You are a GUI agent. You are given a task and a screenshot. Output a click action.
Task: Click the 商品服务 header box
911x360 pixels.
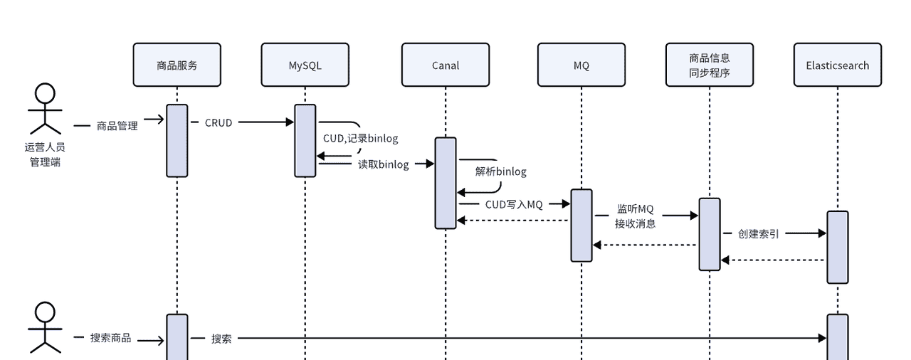(x=177, y=65)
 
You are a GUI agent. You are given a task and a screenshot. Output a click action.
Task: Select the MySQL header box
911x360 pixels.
(x=305, y=65)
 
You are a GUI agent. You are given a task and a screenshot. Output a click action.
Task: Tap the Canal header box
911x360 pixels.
(x=446, y=65)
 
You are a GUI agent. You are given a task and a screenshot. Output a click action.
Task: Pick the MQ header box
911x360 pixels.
(x=581, y=65)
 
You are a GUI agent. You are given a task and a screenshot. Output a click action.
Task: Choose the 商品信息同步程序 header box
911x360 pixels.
(x=710, y=65)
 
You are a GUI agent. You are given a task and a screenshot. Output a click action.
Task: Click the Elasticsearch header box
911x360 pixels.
(x=838, y=65)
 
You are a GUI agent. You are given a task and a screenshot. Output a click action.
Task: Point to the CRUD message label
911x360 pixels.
(x=218, y=122)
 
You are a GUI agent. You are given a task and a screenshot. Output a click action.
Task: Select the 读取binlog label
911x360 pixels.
(x=383, y=164)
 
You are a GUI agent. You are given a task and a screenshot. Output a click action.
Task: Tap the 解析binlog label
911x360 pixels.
(x=501, y=171)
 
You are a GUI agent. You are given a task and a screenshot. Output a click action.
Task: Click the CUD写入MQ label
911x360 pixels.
(x=514, y=204)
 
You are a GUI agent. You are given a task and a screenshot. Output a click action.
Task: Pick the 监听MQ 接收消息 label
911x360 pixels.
(x=635, y=216)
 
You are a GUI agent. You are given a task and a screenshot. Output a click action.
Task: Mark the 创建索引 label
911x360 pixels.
(x=758, y=233)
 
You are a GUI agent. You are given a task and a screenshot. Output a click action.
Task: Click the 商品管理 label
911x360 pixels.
(x=117, y=126)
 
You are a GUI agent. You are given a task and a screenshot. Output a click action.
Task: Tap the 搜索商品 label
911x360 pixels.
(x=111, y=338)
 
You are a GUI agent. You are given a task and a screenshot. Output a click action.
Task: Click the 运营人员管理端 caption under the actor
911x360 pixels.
(x=45, y=154)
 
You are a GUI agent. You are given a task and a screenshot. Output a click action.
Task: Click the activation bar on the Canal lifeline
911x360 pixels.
(x=446, y=183)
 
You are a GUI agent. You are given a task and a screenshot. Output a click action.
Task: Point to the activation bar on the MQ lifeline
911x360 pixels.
(x=581, y=225)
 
